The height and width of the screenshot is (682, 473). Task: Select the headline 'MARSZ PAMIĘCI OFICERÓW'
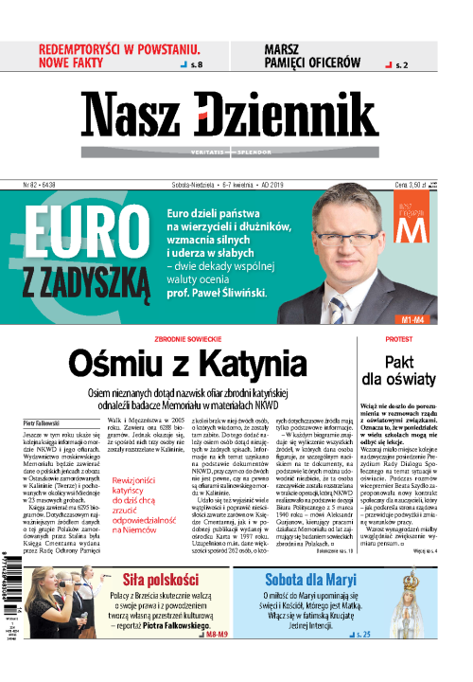[x=313, y=55]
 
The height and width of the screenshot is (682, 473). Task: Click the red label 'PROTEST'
[x=398, y=338]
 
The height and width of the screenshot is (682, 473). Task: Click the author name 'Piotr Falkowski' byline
[x=39, y=414]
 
